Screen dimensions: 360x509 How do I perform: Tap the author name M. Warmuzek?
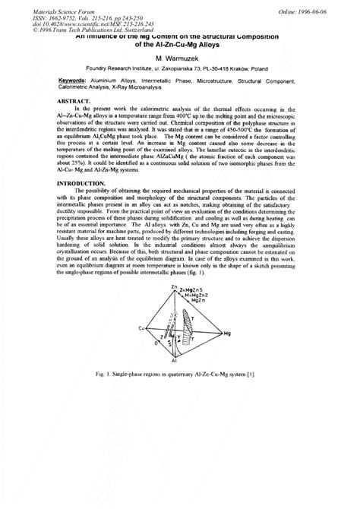point(180,58)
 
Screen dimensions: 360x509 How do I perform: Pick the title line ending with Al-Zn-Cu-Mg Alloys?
point(180,45)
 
